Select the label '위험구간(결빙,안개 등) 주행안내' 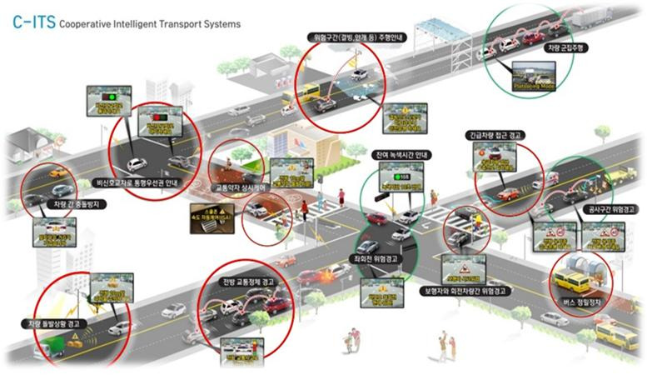click(x=354, y=37)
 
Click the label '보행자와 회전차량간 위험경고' click(x=465, y=290)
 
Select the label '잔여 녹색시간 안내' click(x=399, y=155)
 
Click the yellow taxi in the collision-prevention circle click(x=58, y=172)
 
